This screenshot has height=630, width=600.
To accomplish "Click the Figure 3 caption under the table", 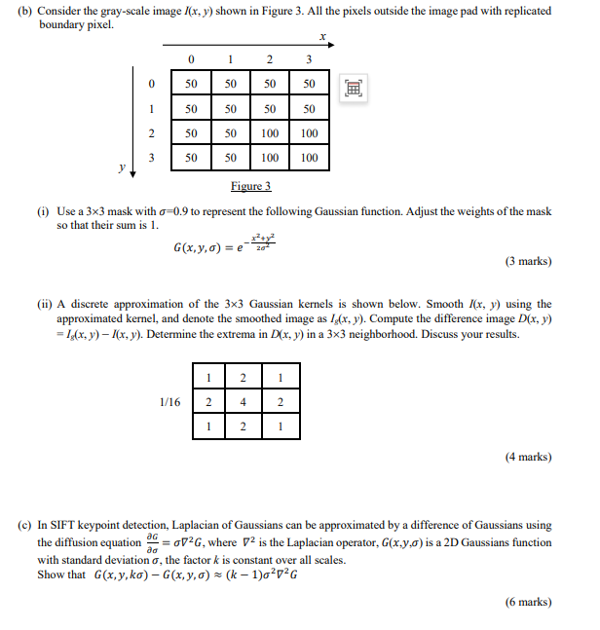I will tap(250, 186).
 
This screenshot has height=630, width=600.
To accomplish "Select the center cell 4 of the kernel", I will tap(243, 401).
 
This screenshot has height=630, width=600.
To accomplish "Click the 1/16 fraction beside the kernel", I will tap(170, 401).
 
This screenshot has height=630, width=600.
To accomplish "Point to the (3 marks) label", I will tap(528, 261).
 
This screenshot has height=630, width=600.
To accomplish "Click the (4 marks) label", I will tap(528, 456).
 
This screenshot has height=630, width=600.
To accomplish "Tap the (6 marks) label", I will tap(528, 602).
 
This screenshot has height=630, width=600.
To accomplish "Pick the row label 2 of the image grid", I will tap(151, 132).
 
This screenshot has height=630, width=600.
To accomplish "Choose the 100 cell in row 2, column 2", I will tap(270, 132).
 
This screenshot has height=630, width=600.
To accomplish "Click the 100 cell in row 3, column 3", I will tap(309, 157).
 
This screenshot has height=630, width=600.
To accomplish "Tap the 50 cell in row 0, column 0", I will tap(192, 85).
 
